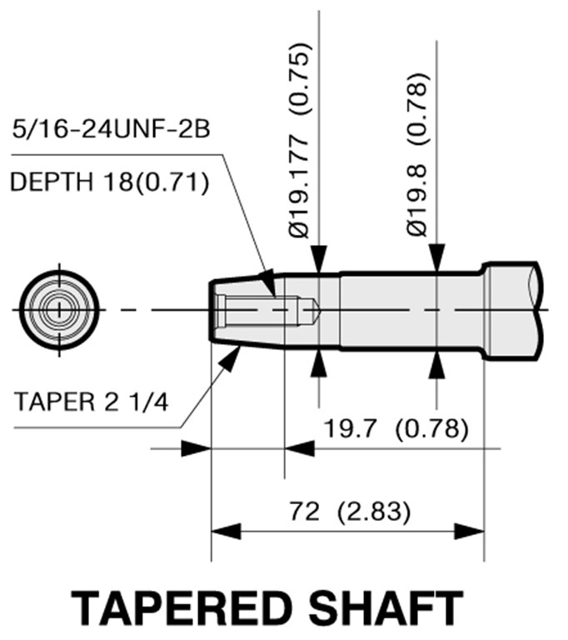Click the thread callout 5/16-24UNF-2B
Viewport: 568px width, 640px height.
[111, 129]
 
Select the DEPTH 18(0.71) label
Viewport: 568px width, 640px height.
[109, 182]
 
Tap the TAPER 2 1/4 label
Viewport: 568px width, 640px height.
[91, 402]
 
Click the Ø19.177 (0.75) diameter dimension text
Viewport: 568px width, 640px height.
[300, 139]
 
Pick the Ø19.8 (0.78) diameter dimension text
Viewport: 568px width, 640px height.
[418, 154]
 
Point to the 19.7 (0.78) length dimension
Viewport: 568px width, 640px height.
[396, 428]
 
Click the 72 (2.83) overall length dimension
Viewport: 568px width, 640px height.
[349, 511]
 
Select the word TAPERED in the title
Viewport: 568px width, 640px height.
[182, 608]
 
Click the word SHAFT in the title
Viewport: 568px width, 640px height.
[386, 608]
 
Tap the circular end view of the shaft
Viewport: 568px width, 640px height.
[59, 310]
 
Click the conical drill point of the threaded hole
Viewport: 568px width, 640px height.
[316, 310]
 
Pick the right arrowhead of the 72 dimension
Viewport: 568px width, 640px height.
[469, 532]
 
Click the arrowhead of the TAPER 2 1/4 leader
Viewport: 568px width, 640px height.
[230, 358]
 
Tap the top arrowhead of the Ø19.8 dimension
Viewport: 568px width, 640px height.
[437, 257]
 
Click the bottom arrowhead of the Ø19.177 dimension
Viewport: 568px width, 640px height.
[319, 363]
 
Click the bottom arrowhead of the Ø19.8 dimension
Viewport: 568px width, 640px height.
[437, 363]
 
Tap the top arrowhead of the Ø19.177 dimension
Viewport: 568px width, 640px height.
[319, 259]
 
